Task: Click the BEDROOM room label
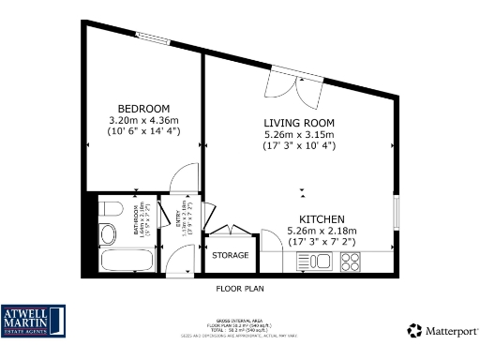[x=143, y=107]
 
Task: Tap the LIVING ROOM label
[x=299, y=123]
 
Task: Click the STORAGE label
[x=230, y=255]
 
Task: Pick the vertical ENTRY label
[x=176, y=218]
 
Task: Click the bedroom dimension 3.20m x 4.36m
[x=143, y=119]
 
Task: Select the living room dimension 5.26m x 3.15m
[x=299, y=135]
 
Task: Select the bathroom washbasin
[x=106, y=232]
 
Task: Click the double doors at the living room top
[x=288, y=86]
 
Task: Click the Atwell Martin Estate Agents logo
[x=33, y=320]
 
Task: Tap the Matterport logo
[x=442, y=330]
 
